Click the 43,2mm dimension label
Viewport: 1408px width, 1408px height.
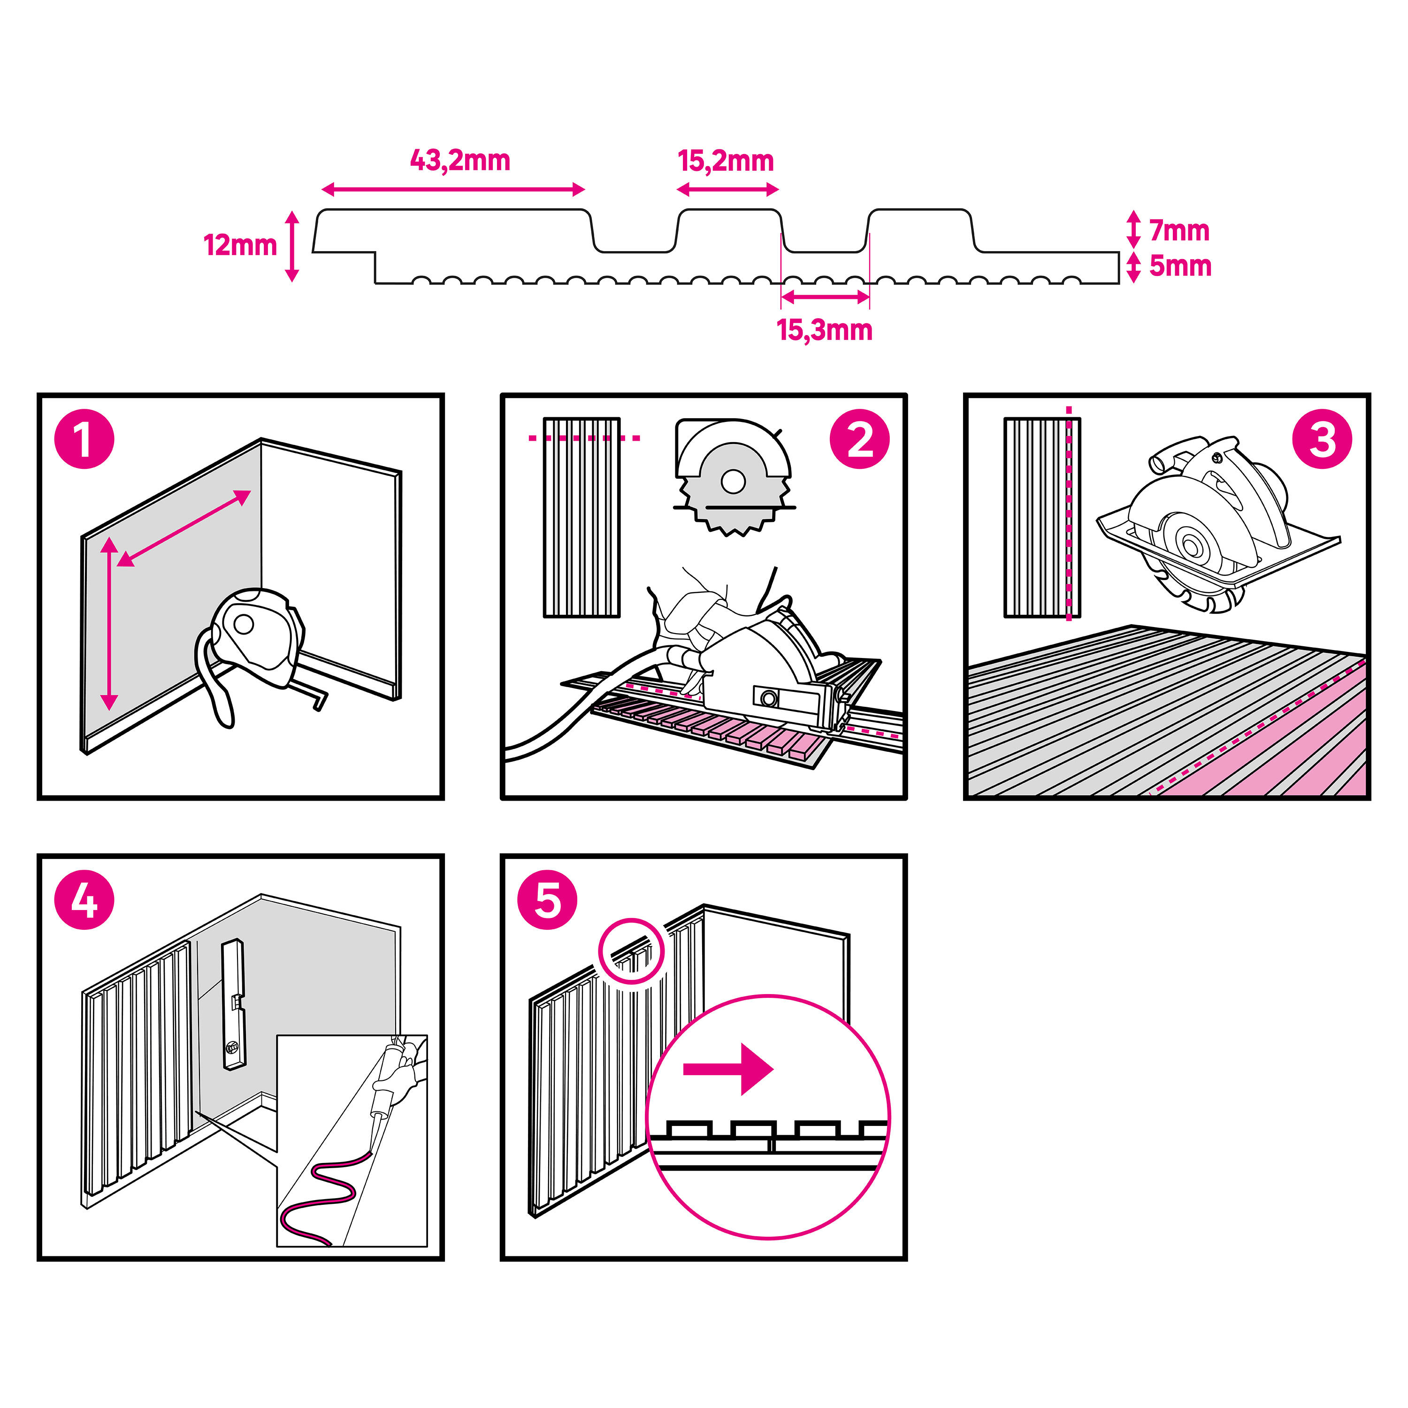point(460,161)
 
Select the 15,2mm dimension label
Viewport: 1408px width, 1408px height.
point(726,161)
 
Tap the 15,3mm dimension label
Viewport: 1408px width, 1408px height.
point(824,330)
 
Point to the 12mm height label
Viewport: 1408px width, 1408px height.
point(240,245)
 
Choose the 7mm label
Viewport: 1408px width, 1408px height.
point(1179,230)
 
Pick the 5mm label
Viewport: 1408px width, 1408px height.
point(1180,266)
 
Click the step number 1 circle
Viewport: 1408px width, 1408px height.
point(84,439)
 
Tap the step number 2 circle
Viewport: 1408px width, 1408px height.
point(859,439)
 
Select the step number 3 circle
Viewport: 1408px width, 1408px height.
point(1322,439)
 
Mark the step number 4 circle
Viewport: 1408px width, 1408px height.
point(84,901)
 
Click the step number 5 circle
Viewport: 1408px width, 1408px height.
point(547,901)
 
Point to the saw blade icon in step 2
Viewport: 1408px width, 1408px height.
point(733,477)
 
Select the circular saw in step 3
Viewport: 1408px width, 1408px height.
point(1210,525)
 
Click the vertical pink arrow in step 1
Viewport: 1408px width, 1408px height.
point(109,623)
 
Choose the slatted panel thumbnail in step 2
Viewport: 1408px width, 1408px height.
point(582,517)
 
